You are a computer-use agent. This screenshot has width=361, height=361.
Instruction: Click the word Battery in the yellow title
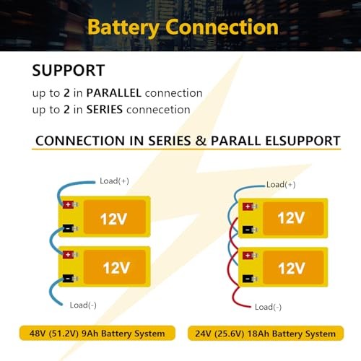[123, 28]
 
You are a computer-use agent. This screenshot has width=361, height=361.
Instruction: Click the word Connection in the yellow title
[222, 27]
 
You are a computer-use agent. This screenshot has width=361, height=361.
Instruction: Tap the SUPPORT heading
[69, 71]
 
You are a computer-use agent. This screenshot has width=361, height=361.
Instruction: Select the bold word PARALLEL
[113, 93]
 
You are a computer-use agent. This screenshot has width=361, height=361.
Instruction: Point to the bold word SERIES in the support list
[105, 110]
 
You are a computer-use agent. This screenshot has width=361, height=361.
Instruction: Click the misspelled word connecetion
[158, 110]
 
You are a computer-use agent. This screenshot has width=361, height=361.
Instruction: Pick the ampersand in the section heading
[201, 141]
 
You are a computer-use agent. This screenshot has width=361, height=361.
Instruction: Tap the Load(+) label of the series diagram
[114, 181]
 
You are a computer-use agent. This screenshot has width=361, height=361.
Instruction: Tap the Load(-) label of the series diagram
[83, 305]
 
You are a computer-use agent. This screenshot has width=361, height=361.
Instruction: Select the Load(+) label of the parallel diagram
[281, 185]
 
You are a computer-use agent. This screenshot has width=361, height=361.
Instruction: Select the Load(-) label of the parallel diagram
[268, 307]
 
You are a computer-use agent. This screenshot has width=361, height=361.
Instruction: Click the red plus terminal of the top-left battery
[69, 205]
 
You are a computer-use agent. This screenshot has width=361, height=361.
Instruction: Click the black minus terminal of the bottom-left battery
[69, 279]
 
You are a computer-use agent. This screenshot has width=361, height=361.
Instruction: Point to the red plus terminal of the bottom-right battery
[248, 256]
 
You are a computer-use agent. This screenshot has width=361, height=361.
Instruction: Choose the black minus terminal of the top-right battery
[248, 230]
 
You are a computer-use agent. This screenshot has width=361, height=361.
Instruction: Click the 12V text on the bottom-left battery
[116, 268]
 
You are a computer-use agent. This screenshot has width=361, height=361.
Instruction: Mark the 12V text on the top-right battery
[291, 218]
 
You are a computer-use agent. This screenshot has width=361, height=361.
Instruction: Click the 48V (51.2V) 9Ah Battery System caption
[97, 334]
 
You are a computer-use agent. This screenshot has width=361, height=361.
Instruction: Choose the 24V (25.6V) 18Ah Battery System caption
[265, 334]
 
